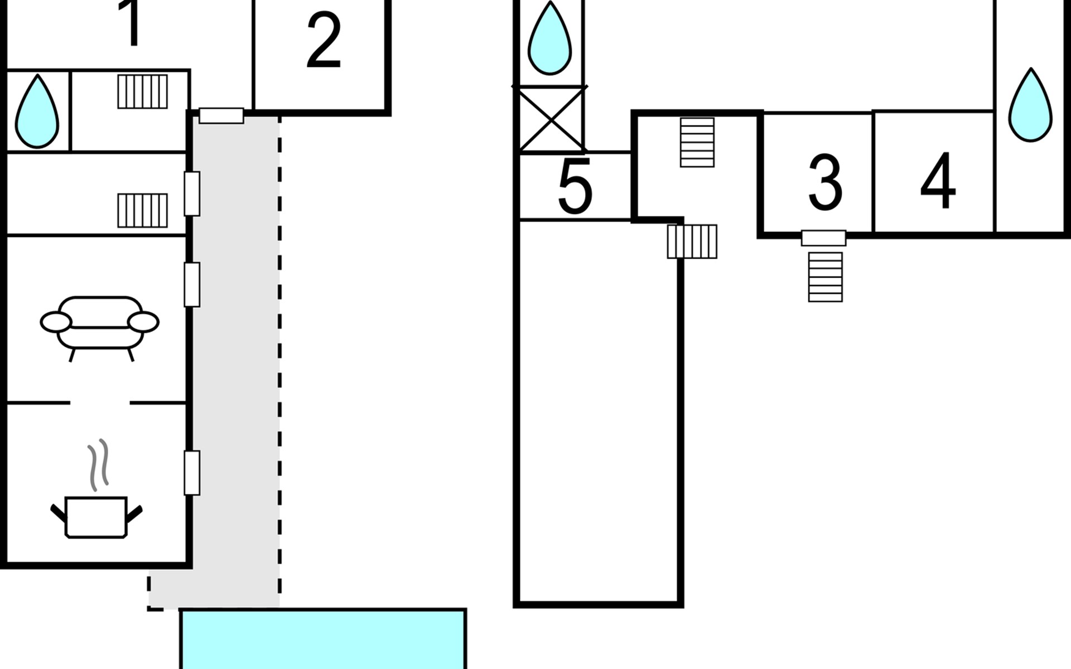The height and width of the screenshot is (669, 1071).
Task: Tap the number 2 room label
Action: coord(324,40)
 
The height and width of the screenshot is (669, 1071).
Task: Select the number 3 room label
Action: coord(825,183)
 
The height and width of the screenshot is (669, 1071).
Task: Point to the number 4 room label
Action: coord(938,181)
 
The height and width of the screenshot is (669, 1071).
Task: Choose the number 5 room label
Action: coord(575,187)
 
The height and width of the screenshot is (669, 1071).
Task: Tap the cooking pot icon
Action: coord(97,516)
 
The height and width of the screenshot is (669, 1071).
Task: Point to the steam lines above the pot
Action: coord(98,465)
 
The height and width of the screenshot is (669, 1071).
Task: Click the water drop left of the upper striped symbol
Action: coord(37,111)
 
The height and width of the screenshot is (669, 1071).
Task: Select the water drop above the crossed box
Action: coord(549,39)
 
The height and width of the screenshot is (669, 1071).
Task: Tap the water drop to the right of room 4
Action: coord(1030,106)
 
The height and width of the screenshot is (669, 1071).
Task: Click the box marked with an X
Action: coord(551,119)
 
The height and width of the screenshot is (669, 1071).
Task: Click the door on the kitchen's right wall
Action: coord(192,473)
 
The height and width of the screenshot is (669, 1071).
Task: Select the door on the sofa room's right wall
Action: coord(192,284)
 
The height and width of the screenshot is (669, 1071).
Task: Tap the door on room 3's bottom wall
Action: coord(823,238)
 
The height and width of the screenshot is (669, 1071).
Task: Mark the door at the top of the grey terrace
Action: coord(221,115)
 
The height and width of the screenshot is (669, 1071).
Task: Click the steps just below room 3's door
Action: coord(825,277)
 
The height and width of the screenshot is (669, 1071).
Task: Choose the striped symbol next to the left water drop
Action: coord(142,91)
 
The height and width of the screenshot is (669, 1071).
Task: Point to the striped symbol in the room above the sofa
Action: coord(142,210)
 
